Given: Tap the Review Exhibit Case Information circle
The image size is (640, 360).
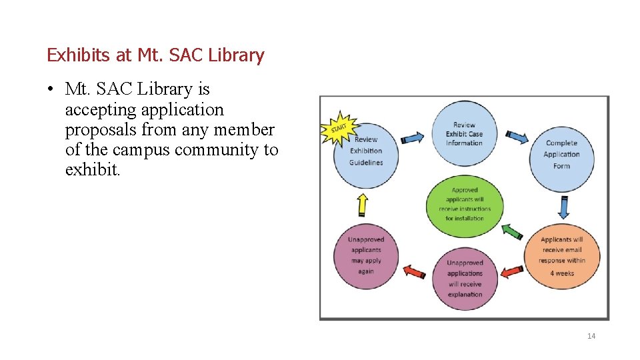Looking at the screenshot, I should coord(464,133).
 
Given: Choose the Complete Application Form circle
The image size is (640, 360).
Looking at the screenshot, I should coord(561,157).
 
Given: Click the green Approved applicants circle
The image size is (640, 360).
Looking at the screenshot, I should coord(465,205).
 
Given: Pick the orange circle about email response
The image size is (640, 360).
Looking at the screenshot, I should coord(561,255).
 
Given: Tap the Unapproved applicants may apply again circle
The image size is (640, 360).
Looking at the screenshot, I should coord(366,255).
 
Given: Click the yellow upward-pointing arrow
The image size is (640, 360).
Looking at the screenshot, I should coord(363,204).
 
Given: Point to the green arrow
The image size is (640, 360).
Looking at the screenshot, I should coord(512,231).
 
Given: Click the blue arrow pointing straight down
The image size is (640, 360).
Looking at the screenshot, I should coord(563,207).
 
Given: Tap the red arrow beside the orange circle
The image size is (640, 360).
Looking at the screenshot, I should coord(512,271).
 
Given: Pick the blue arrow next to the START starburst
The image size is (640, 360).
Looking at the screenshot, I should coord(413,137).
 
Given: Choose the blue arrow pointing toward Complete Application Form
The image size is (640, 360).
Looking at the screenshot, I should coord(517,137).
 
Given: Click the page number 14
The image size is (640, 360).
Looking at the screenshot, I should coord(591,336).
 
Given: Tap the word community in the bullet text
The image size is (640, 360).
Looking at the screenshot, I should coord(217,150).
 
